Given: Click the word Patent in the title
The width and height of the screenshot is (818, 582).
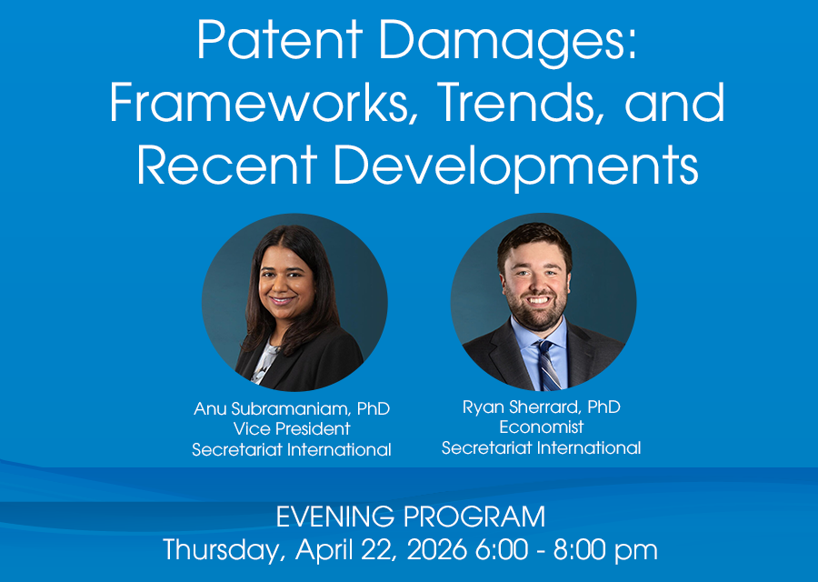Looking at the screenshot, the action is click(x=280, y=41).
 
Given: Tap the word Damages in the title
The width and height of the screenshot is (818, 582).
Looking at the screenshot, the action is click(x=507, y=44).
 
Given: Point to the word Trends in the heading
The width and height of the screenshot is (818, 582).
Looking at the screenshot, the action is click(x=516, y=103).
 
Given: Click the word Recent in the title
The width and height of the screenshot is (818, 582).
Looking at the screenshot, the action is click(x=226, y=164).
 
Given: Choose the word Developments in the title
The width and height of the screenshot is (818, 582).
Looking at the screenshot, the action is click(x=516, y=167).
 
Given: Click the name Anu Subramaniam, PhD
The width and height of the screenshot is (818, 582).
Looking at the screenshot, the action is click(x=292, y=408).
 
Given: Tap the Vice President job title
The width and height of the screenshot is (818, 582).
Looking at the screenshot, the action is click(x=292, y=428).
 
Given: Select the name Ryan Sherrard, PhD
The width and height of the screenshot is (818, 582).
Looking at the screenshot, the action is click(x=542, y=407).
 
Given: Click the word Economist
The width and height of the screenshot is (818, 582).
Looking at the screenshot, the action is click(x=542, y=427).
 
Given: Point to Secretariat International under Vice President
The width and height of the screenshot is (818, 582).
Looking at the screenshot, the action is click(x=292, y=449).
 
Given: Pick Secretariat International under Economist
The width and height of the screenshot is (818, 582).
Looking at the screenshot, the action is click(x=542, y=447).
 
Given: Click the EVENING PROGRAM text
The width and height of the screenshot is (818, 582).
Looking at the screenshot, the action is click(x=411, y=517).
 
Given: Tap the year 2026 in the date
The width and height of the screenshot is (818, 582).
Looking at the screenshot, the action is click(x=436, y=549).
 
